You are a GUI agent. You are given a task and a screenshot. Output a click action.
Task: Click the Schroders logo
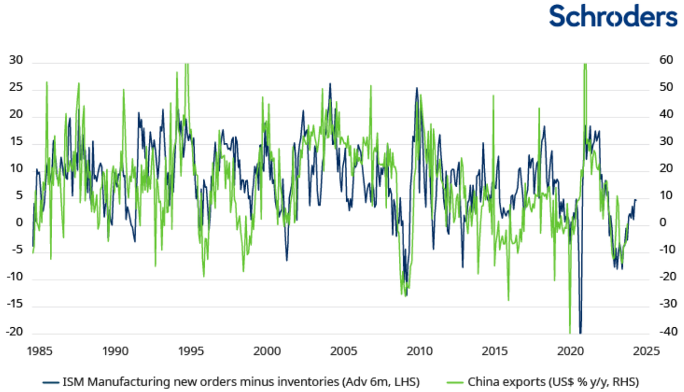click(613, 16)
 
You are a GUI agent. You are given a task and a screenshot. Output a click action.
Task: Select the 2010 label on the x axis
click(419, 351)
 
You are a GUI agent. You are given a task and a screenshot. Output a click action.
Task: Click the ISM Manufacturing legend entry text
click(241, 382)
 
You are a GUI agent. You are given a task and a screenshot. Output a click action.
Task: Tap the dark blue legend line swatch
click(51, 382)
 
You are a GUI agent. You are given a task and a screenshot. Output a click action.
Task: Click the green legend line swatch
click(456, 382)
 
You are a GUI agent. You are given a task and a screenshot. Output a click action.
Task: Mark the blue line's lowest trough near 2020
click(580, 332)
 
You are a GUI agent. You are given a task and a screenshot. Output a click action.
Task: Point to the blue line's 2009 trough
click(406, 295)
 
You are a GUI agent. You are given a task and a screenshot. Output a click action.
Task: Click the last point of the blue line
click(636, 199)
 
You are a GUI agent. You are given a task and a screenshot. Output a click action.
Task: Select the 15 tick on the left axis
click(16, 142)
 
